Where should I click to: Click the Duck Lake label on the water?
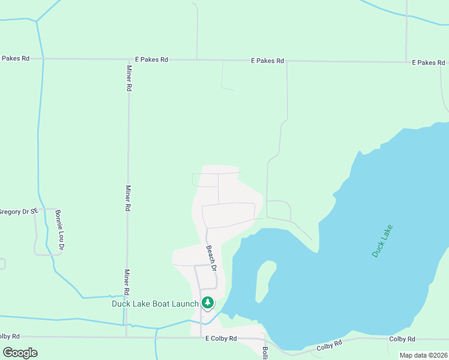pyautogui.click(x=382, y=241)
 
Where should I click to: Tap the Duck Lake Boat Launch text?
pyautogui.click(x=155, y=304)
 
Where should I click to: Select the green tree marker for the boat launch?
pyautogui.click(x=208, y=303)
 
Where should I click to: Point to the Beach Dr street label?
pyautogui.click(x=211, y=258)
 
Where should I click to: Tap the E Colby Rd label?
pyautogui.click(x=221, y=339)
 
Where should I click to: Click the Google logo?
pyautogui.click(x=20, y=353)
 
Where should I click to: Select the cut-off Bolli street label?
pyautogui.click(x=265, y=352)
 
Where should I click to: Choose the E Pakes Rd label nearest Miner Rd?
pyautogui.click(x=151, y=60)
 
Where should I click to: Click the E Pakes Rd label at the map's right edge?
pyautogui.click(x=429, y=63)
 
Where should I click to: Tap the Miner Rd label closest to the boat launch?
pyautogui.click(x=127, y=282)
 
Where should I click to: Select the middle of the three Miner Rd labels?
pyautogui.click(x=127, y=199)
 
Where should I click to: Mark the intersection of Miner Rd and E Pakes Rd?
pyautogui.click(x=128, y=59)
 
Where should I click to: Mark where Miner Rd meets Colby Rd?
pyautogui.click(x=126, y=337)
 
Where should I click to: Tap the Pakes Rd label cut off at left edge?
pyautogui.click(x=15, y=58)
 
